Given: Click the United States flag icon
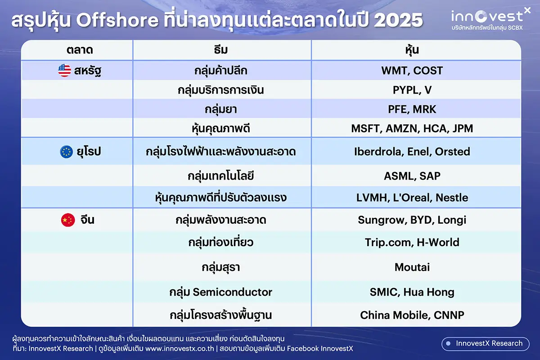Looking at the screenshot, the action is tap(65, 71).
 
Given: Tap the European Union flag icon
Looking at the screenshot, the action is tap(66, 152).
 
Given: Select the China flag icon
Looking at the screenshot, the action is tap(68, 220).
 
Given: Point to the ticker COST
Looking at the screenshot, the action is tap(428, 71).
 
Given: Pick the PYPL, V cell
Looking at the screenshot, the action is tap(412, 90).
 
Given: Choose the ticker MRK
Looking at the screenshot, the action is tap(424, 109).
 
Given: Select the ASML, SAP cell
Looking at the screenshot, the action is tap(412, 176).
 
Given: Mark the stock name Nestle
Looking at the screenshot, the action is tap(452, 198).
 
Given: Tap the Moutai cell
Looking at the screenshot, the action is tap(412, 267).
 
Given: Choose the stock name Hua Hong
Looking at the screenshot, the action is tap(429, 292).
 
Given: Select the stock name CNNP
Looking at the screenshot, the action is tap(449, 315).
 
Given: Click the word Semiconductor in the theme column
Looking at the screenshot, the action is tap(232, 292).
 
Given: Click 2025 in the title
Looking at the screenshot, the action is tap(399, 20).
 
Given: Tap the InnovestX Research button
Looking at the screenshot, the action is tap(486, 344).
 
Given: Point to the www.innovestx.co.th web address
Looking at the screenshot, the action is tap(180, 349).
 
